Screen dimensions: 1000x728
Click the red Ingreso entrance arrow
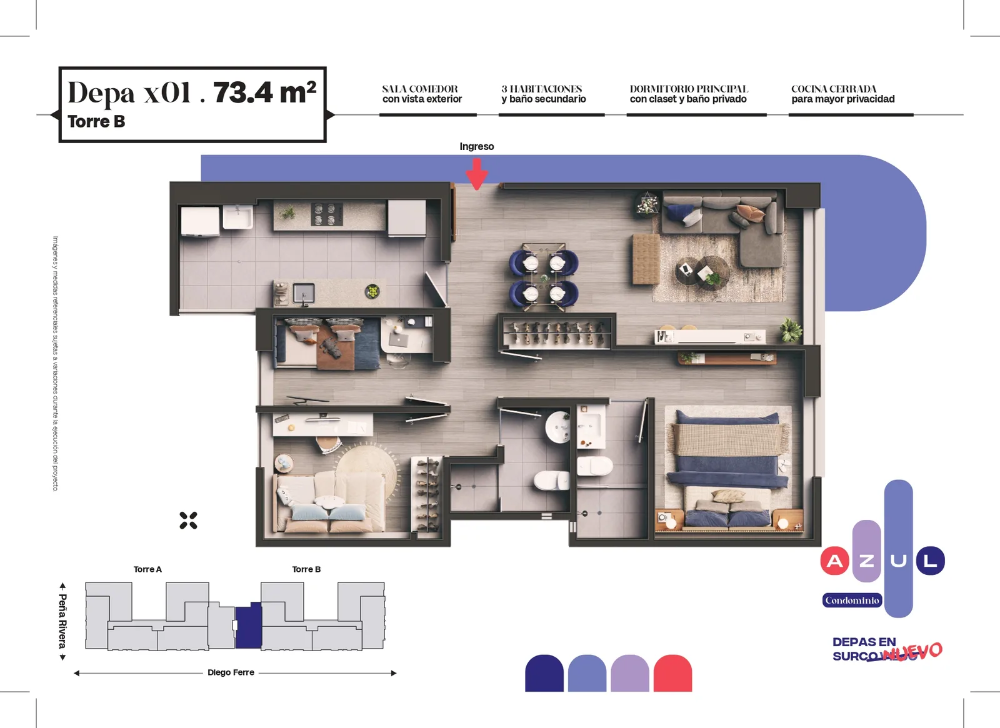point(477,174)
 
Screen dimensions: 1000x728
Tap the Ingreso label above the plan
point(477,146)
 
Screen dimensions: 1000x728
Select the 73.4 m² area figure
point(265,92)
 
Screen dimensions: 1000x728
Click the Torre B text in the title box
point(96,121)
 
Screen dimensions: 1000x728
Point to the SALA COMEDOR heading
point(419,89)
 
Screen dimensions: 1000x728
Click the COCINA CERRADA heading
point(834,89)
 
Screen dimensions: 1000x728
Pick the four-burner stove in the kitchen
point(327,214)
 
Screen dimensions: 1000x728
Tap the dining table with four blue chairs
point(544,277)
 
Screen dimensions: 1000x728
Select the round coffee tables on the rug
point(702,272)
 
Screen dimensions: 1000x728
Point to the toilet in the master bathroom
point(595,466)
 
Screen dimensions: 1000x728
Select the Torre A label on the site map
point(147,569)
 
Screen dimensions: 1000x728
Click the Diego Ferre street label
point(231,672)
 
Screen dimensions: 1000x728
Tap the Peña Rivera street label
point(63,621)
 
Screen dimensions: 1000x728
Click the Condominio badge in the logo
point(852,601)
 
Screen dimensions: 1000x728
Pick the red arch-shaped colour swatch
point(672,673)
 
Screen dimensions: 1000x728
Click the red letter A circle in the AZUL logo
point(834,561)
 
